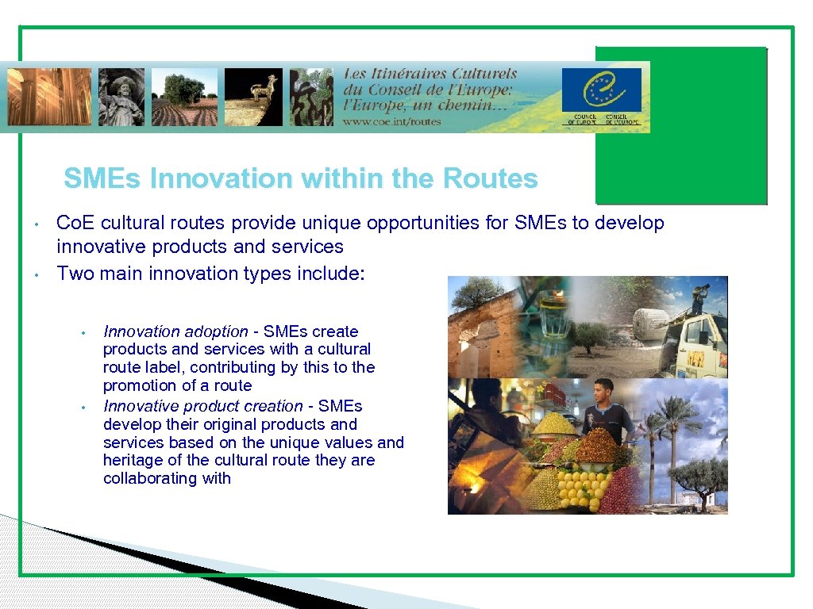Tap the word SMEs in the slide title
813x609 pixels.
(x=103, y=179)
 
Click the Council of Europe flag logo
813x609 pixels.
(x=601, y=90)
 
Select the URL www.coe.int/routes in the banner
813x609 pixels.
(x=391, y=121)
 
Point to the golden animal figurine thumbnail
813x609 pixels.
(x=253, y=97)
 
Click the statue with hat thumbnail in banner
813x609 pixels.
(x=121, y=97)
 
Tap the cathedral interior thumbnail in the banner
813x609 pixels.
(x=49, y=97)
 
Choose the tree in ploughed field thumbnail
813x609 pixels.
(x=184, y=97)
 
